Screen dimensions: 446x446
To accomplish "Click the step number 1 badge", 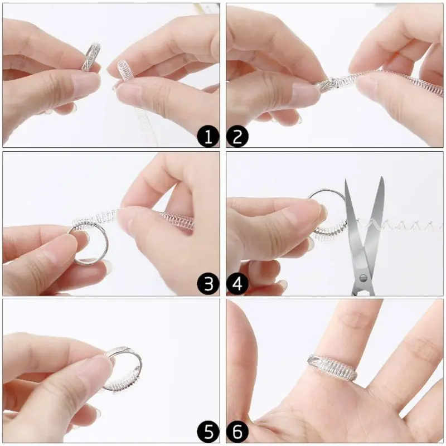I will coord(209,136).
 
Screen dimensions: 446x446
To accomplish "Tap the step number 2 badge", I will coord(237,136).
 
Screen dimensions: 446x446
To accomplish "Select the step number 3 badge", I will coord(209,284).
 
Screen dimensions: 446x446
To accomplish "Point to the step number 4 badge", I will coord(237,284).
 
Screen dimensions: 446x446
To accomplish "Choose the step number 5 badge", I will coord(209,432).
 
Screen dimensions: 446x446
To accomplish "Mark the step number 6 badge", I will coord(237,432).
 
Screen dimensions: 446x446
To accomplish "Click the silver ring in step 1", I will coord(90,57).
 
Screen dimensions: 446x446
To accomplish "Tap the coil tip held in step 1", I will coord(124,71).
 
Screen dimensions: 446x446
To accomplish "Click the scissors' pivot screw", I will coord(363,277).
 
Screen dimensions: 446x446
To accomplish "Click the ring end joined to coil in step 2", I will coord(329,84).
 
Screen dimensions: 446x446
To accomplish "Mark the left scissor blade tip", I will coord(346,181).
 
